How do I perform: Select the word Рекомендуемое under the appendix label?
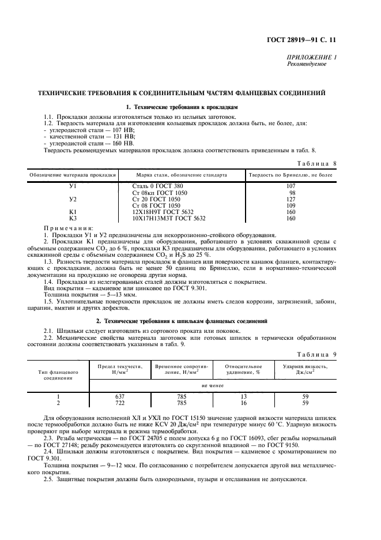(x=307, y=64)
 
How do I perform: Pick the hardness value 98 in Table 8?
(x=291, y=192)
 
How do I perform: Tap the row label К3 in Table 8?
(x=73, y=218)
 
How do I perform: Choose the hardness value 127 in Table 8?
(x=291, y=198)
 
